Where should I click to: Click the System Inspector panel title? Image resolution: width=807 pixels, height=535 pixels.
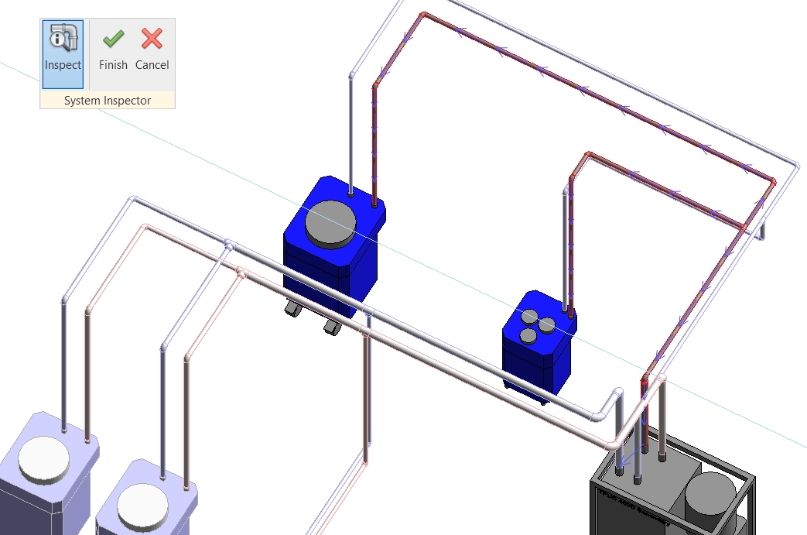click(x=108, y=101)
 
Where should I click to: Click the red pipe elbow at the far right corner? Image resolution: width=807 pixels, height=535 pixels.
click(x=772, y=181)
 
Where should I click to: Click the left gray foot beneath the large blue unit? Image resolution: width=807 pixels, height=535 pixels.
click(x=293, y=309)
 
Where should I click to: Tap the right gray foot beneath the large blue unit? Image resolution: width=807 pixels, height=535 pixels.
click(x=333, y=326)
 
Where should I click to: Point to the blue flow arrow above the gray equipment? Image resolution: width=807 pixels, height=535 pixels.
click(x=628, y=454)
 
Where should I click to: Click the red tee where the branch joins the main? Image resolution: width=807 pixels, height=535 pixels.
click(x=742, y=228)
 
